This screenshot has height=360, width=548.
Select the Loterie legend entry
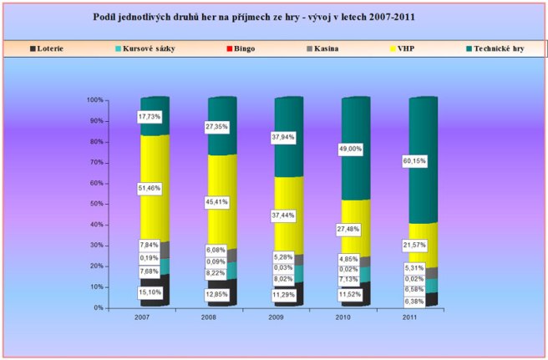[x=49, y=48]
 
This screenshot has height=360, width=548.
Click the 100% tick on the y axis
[x=94, y=100]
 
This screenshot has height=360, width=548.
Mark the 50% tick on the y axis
[x=96, y=204]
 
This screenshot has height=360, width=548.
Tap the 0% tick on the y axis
[x=98, y=307]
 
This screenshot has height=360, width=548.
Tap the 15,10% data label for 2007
[x=150, y=292]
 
